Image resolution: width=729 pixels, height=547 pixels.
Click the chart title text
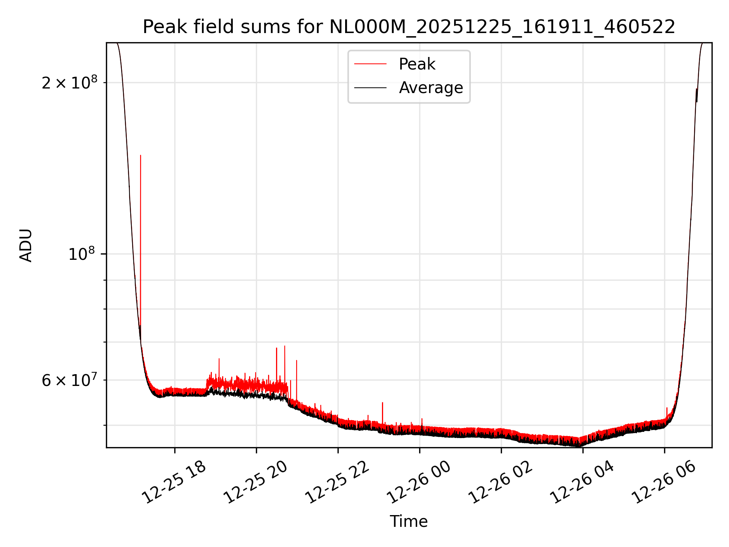[409, 27]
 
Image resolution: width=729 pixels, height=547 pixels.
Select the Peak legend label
[417, 64]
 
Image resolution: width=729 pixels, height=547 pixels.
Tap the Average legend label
[431, 88]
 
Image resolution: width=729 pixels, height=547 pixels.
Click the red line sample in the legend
[370, 64]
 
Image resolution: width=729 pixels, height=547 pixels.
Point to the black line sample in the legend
[370, 88]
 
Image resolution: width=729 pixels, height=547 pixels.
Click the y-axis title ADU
[26, 245]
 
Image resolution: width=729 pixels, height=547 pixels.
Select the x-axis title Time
[409, 522]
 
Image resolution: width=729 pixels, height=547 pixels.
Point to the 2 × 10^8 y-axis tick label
[69, 83]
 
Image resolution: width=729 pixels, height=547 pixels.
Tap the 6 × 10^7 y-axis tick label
[69, 380]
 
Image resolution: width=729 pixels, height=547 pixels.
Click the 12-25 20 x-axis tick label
[256, 482]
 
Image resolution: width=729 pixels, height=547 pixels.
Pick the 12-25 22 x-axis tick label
[337, 482]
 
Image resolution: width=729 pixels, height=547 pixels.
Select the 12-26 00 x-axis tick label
[419, 482]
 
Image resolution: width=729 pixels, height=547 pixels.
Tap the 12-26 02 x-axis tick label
[500, 482]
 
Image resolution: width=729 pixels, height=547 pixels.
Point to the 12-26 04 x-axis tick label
[582, 482]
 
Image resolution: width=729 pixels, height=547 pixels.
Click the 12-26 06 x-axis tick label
[664, 482]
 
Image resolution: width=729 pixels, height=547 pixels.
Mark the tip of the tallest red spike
[140, 155]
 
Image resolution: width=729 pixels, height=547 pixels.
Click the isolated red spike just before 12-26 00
[382, 403]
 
